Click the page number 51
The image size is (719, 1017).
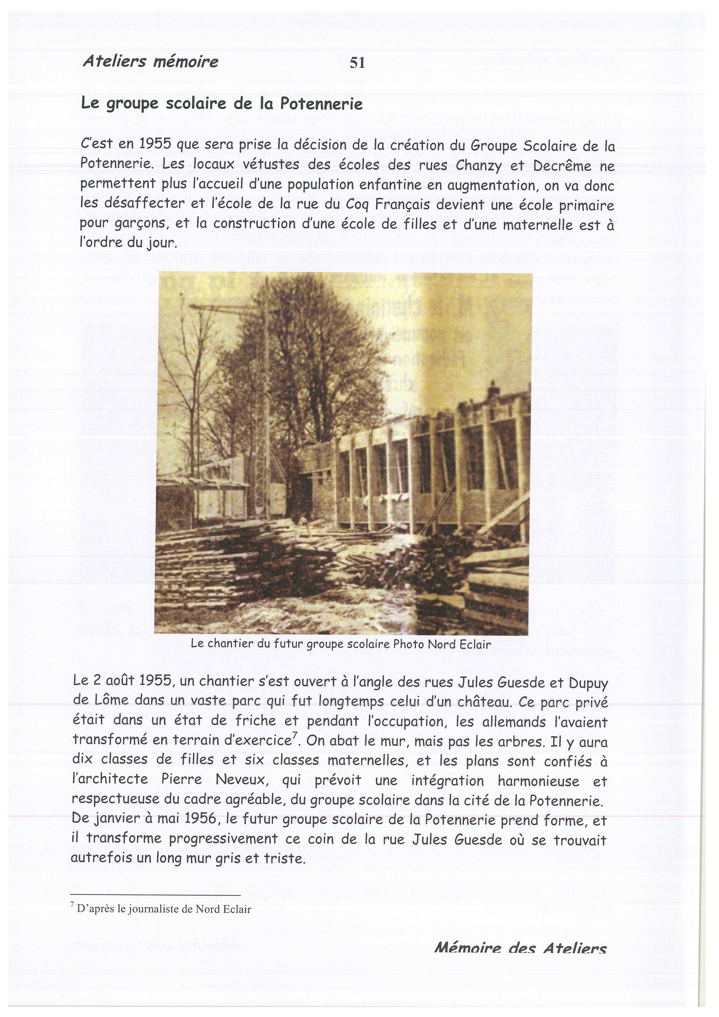(x=357, y=63)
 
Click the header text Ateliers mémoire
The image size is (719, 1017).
(x=150, y=62)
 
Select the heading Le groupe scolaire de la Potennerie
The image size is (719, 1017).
(x=221, y=104)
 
